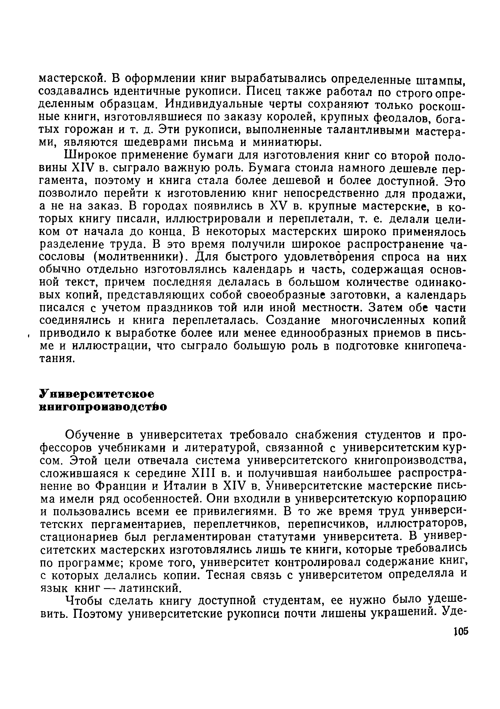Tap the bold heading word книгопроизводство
103,407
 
